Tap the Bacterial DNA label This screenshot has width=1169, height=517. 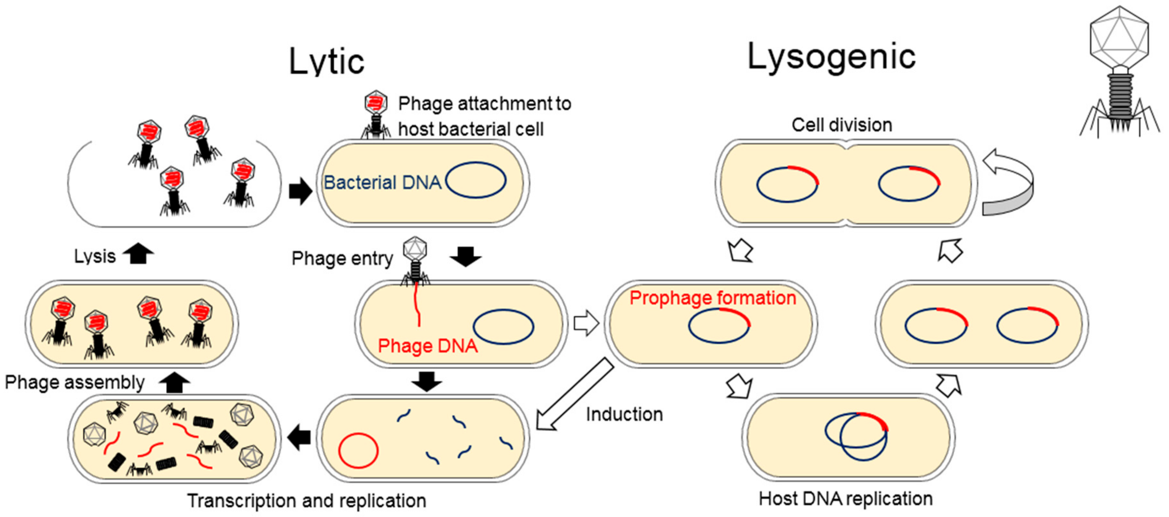click(382, 183)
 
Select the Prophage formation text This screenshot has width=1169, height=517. click(712, 298)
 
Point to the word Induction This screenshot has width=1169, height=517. click(624, 414)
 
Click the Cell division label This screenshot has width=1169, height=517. click(841, 125)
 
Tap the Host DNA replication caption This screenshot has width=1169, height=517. click(845, 499)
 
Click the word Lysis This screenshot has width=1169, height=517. click(95, 256)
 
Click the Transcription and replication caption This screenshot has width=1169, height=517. click(306, 501)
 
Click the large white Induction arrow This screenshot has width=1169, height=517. click(574, 394)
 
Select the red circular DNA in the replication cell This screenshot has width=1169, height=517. click(358, 451)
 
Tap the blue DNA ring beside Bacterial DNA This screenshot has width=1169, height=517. click(475, 180)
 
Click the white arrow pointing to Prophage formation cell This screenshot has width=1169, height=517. click(586, 323)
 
